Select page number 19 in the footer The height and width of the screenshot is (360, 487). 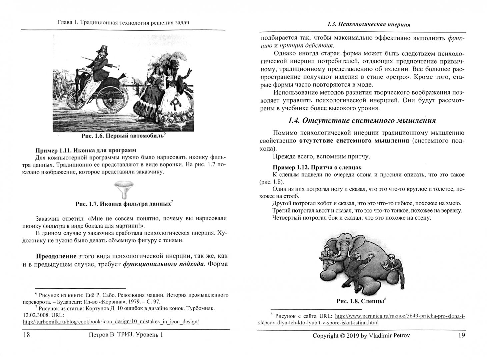pos(461,335)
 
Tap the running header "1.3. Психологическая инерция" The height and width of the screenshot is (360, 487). pos(369,24)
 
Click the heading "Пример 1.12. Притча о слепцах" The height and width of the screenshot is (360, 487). pos(317,167)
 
